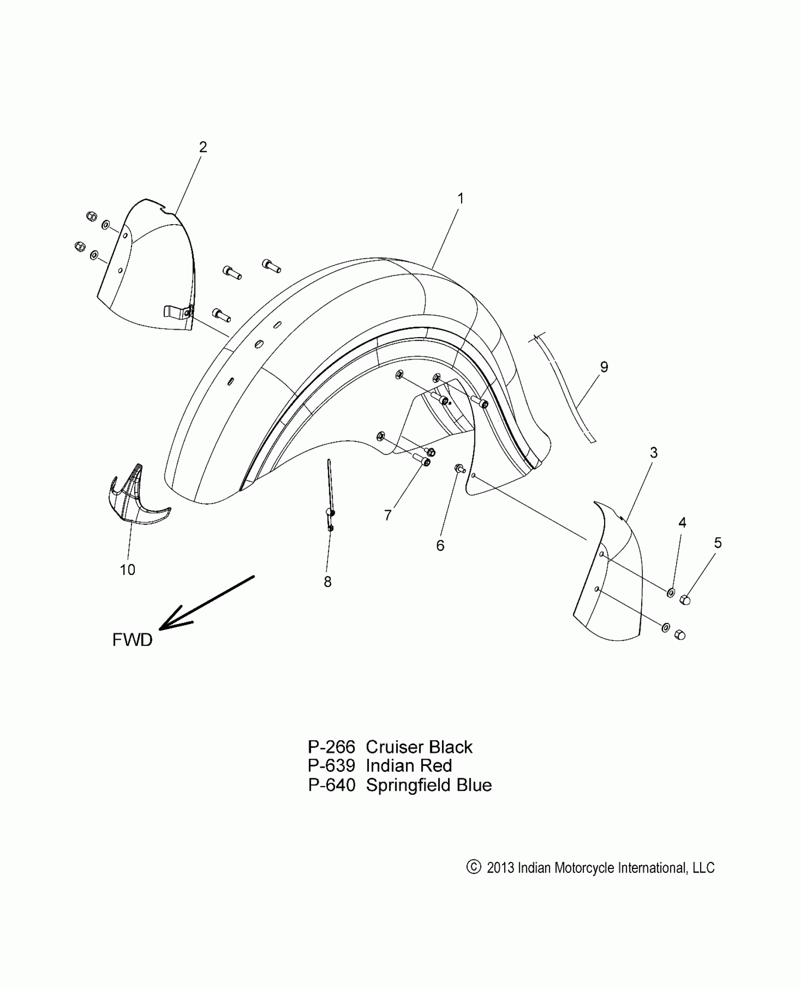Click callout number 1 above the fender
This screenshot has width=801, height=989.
click(460, 199)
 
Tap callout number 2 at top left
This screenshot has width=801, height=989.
click(203, 147)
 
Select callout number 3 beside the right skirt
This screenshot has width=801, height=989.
click(654, 453)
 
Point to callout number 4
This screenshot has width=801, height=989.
click(682, 522)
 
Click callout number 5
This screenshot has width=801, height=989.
click(718, 543)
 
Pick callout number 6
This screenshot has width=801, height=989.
click(440, 545)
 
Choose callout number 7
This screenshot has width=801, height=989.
click(388, 516)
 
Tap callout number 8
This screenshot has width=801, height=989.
click(327, 582)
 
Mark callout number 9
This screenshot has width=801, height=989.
click(604, 367)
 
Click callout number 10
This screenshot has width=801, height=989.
click(127, 570)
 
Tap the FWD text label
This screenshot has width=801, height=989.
click(132, 640)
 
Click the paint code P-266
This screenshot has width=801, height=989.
click(331, 747)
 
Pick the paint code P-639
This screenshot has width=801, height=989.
click(331, 766)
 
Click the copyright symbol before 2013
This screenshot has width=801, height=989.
click(473, 867)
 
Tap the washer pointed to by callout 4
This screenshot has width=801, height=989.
click(670, 592)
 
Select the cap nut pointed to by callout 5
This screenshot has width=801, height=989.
click(686, 600)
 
